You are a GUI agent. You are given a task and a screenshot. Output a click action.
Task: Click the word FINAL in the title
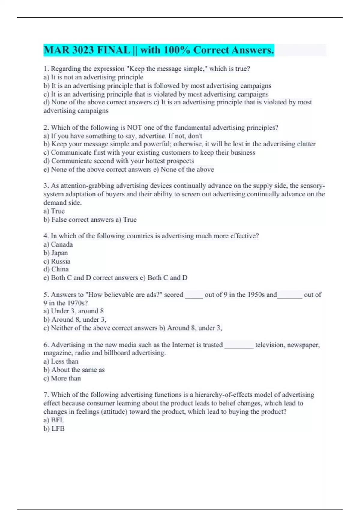(x=113, y=50)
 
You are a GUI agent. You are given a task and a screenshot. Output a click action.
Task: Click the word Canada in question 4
(x=62, y=244)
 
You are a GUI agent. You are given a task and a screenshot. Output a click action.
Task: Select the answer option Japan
(x=60, y=253)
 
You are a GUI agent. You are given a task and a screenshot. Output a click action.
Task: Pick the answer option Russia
(x=61, y=261)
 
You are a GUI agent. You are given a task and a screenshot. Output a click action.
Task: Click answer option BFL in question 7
(x=58, y=420)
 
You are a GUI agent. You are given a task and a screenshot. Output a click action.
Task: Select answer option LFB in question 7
(x=58, y=428)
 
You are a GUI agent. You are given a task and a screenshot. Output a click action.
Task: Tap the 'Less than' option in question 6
(x=64, y=361)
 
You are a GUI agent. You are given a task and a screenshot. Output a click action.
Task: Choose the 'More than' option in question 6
(x=66, y=378)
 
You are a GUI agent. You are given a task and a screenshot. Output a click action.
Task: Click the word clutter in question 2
(x=306, y=144)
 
